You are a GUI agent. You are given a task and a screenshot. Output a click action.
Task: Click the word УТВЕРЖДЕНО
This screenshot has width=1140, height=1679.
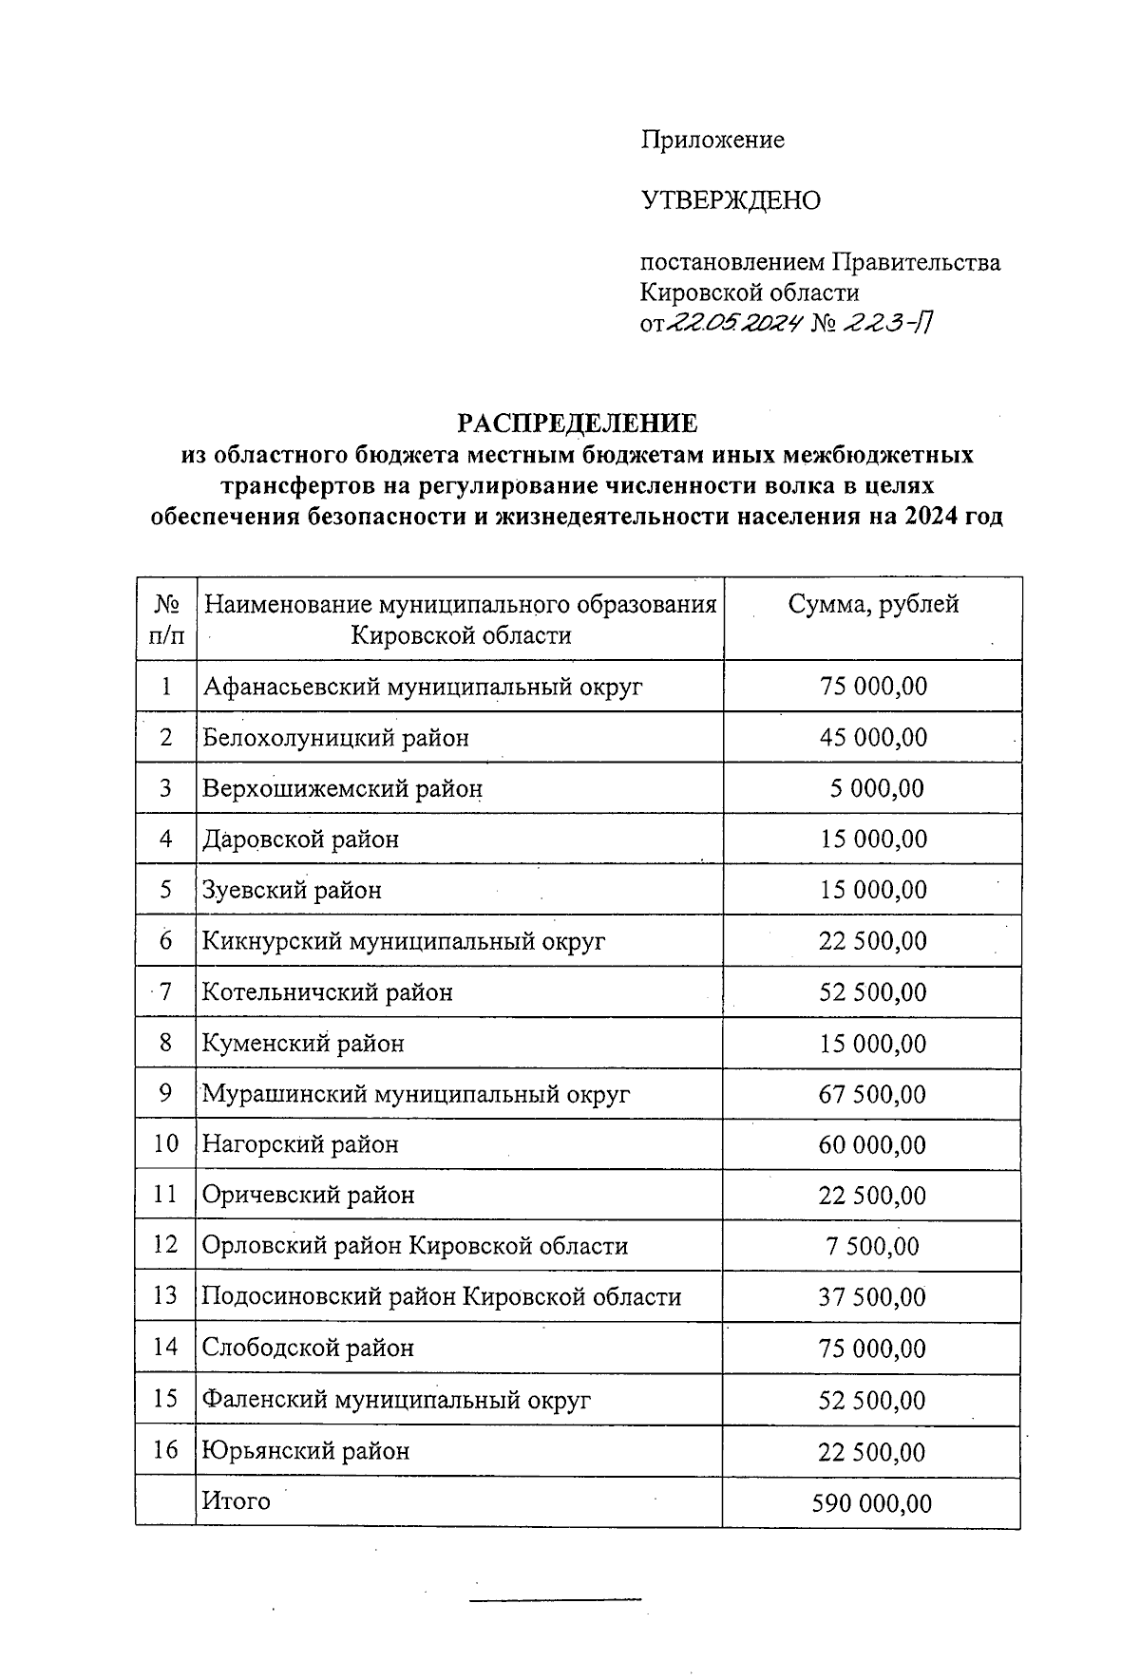tap(731, 201)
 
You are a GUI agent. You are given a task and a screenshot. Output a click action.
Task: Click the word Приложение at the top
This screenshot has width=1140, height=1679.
tap(712, 141)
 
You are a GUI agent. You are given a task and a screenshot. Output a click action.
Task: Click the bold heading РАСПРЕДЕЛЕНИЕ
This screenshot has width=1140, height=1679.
tap(578, 423)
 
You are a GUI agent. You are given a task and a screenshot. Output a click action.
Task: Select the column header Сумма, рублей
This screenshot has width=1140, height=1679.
tap(873, 604)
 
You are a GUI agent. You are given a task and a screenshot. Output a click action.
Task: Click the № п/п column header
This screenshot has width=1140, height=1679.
tap(166, 618)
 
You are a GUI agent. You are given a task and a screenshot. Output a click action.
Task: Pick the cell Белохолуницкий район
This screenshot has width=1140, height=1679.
tap(335, 738)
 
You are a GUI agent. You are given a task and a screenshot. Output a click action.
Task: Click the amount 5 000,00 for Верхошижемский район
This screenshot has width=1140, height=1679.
tap(876, 788)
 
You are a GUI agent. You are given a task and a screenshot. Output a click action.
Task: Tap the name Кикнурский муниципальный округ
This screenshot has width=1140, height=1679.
tap(404, 941)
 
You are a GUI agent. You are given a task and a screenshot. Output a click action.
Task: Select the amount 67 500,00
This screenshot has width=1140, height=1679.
tap(872, 1094)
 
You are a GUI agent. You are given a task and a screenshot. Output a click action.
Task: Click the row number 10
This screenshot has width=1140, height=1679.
tap(166, 1144)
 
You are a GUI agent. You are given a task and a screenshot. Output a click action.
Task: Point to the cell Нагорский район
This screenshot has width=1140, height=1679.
tap(300, 1144)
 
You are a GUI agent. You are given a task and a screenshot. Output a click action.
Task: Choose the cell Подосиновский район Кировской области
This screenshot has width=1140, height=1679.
tap(442, 1297)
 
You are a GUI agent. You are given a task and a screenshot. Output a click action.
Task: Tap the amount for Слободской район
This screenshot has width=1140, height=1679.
tap(873, 1349)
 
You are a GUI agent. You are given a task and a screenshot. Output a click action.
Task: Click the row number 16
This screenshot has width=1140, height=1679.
tap(166, 1450)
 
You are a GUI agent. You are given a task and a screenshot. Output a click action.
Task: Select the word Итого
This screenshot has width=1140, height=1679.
tap(237, 1501)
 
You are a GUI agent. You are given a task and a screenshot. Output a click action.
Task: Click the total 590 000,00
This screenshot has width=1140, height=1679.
tap(872, 1503)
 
